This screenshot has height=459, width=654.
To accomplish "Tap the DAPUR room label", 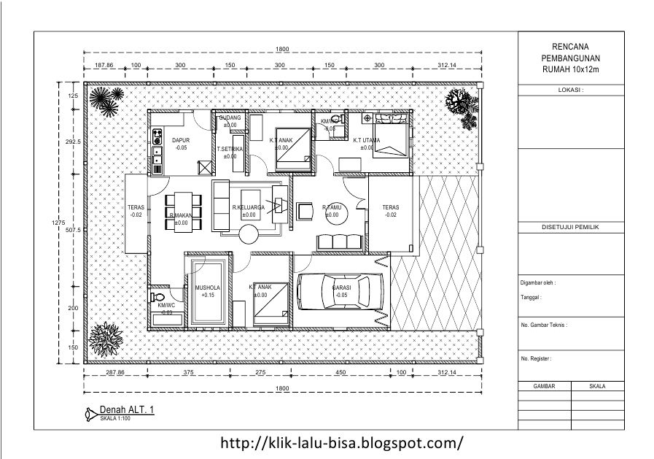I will coord(180,139).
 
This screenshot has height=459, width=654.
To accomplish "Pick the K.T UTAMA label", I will coord(367,139).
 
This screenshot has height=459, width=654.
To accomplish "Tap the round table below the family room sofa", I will coord(249,235).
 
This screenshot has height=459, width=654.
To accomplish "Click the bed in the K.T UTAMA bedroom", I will coord(391,140).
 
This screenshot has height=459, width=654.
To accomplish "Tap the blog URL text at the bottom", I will coord(340,442).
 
